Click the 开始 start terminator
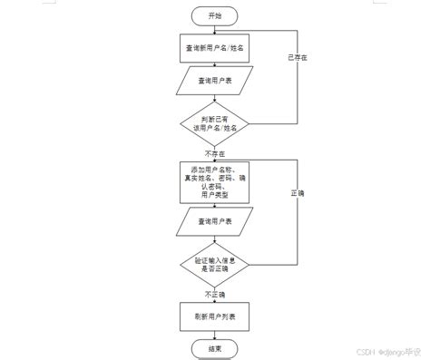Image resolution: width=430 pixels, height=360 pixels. pyautogui.click(x=215, y=16)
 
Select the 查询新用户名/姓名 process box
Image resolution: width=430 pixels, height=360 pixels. pyautogui.click(x=215, y=47)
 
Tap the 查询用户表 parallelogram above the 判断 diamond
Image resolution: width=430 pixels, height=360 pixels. pyautogui.click(x=215, y=82)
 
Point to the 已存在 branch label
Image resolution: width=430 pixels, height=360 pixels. pyautogui.click(x=298, y=58)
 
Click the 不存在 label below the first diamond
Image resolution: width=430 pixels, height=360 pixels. pyautogui.click(x=215, y=154)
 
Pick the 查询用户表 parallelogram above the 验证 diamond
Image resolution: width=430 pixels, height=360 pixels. pyautogui.click(x=215, y=220)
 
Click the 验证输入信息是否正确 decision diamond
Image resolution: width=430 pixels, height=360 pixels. pyautogui.click(x=215, y=265)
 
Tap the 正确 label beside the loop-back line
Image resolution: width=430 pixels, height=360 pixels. pyautogui.click(x=298, y=194)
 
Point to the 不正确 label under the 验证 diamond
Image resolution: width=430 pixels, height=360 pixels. pyautogui.click(x=215, y=295)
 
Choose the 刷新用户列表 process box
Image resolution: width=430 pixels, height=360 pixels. pyautogui.click(x=215, y=316)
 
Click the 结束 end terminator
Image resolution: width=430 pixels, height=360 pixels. pyautogui.click(x=215, y=348)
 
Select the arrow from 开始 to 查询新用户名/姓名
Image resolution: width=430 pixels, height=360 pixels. pyautogui.click(x=215, y=29)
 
